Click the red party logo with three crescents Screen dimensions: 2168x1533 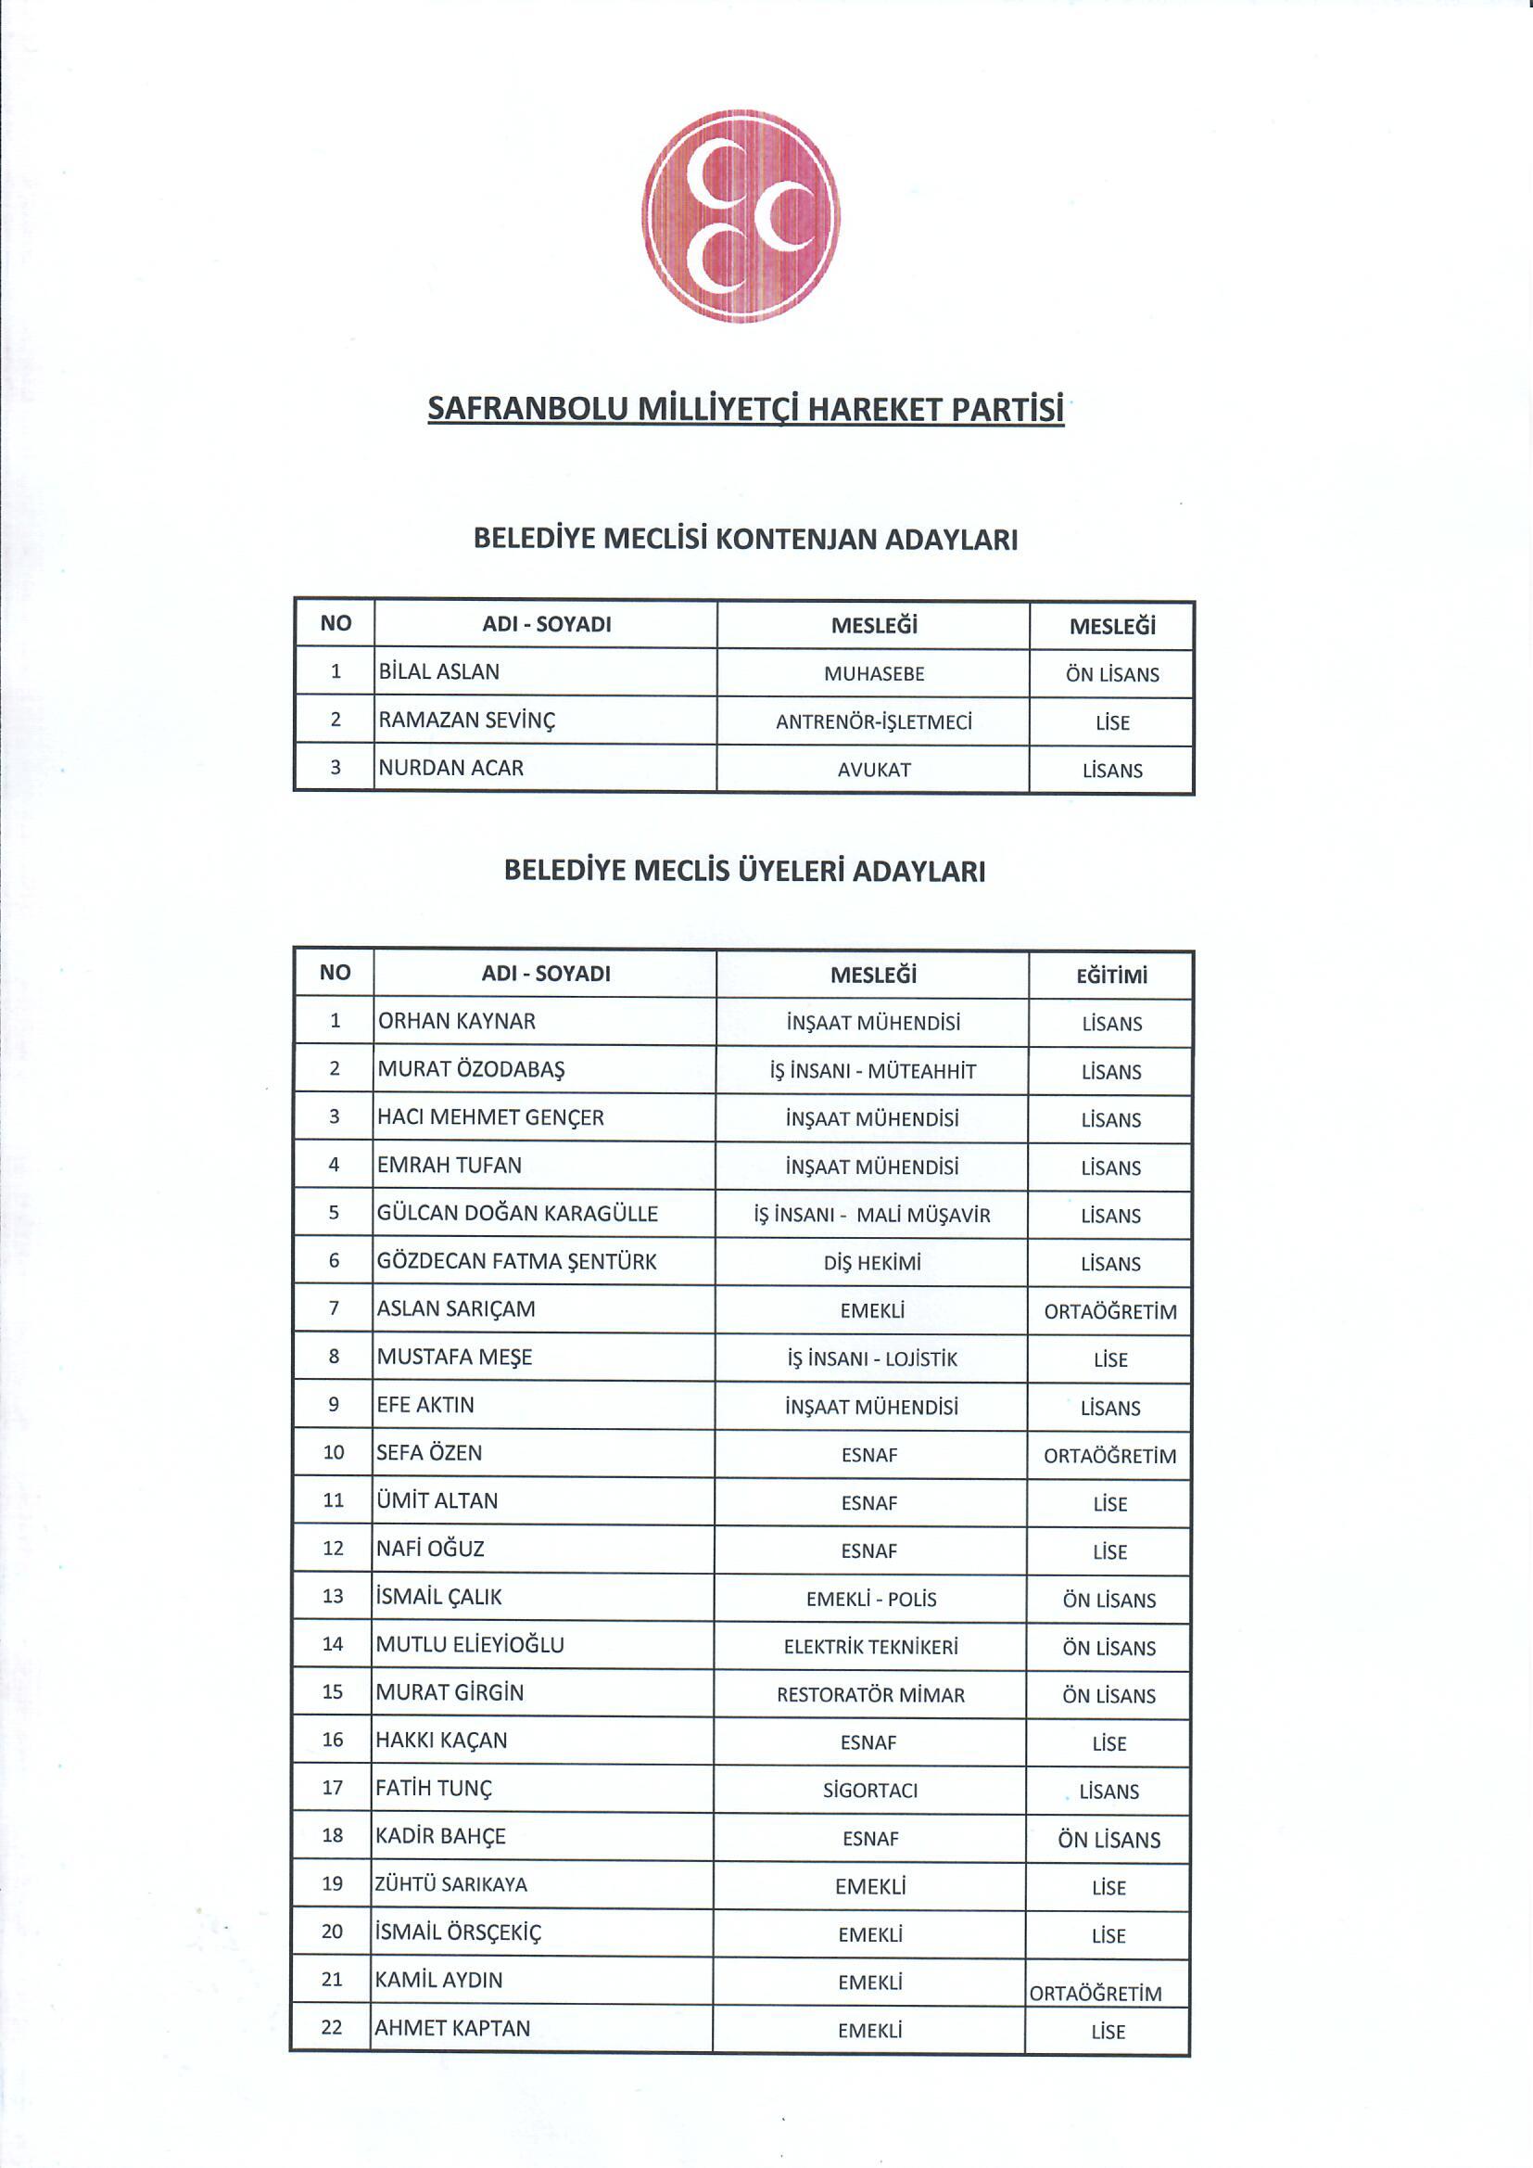(x=741, y=216)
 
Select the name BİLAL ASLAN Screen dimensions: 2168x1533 (x=439, y=671)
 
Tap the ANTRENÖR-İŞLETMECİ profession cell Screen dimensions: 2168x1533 (x=873, y=722)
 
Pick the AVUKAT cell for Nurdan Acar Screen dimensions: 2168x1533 (x=874, y=770)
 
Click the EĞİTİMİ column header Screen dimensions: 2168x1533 (x=1111, y=976)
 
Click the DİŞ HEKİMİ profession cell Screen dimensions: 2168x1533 (x=871, y=1262)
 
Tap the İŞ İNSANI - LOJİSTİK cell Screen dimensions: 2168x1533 (x=871, y=1358)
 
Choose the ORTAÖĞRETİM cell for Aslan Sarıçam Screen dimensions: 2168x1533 (x=1110, y=1311)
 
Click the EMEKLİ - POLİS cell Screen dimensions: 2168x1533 (x=870, y=1599)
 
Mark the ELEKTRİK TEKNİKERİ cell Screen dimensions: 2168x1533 (x=870, y=1647)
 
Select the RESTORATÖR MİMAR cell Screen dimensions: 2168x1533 (x=870, y=1695)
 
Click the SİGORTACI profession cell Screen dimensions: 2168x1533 (x=869, y=1791)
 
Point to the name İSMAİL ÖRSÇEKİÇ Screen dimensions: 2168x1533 (x=458, y=1932)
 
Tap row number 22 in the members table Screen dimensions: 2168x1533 (x=331, y=2027)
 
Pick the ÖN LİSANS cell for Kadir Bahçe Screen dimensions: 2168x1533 (x=1109, y=1840)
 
